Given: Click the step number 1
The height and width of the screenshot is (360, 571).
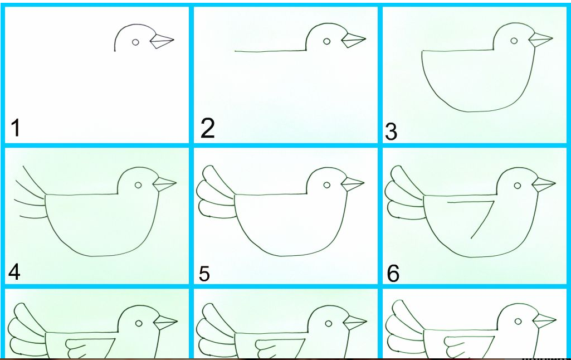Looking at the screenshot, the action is coord(15,128).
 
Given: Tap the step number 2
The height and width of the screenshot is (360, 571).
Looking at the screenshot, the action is coord(208,128).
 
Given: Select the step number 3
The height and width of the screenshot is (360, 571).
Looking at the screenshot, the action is coord(391,132).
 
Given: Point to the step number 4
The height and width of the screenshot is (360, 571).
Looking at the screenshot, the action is coord(14,272).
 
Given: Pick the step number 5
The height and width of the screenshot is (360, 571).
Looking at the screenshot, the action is coord(204,274).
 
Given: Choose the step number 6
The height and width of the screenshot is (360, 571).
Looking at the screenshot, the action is coord(393,274).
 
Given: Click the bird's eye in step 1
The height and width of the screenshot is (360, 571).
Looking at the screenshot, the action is coord(135,42).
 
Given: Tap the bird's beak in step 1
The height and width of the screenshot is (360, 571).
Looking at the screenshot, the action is coord(162,41).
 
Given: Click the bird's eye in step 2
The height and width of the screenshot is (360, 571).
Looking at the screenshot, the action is coord(326,42).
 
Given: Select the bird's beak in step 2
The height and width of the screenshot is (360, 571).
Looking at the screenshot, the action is coord(353,40).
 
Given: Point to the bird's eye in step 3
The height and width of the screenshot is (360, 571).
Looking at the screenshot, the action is coord(514,41).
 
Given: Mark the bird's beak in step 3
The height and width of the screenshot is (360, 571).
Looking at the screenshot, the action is coord(540,40).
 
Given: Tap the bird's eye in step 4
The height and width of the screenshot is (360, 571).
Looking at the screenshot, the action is coord(138,185).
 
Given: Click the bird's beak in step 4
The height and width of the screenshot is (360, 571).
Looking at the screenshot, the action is coord(164,184).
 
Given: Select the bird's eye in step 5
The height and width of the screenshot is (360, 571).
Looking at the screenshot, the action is coord(326,185).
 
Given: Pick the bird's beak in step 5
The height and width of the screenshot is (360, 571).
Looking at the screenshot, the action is coord(353,184).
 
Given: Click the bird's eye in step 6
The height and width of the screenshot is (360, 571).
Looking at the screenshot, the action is coord(518,186).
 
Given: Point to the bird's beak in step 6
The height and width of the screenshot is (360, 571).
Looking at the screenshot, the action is coord(544,184).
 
